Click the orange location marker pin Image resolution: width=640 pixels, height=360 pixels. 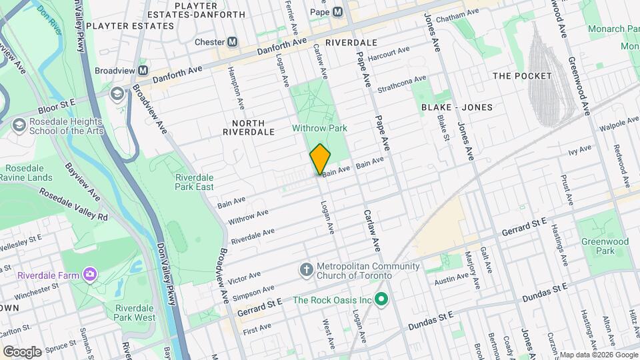coord(320,159)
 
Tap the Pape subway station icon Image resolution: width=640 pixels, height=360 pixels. coord(338,11)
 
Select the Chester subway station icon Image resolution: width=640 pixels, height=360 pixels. coord(233,41)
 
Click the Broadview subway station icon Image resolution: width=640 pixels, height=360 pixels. coord(143,70)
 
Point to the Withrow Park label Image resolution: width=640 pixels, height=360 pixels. coord(319,127)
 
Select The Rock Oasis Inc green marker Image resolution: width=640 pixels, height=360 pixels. coord(381,299)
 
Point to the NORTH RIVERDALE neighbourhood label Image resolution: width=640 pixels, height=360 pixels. coord(249,127)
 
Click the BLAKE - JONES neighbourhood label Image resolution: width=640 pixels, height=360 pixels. coord(457,107)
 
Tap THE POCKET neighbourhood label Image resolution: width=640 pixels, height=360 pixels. coord(522,75)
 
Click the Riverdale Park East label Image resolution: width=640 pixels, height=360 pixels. coord(194,182)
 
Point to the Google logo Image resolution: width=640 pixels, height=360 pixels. coord(22,351)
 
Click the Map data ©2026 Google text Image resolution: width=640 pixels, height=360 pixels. coord(597,355)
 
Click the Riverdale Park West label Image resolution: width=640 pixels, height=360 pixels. coord(135,313)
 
